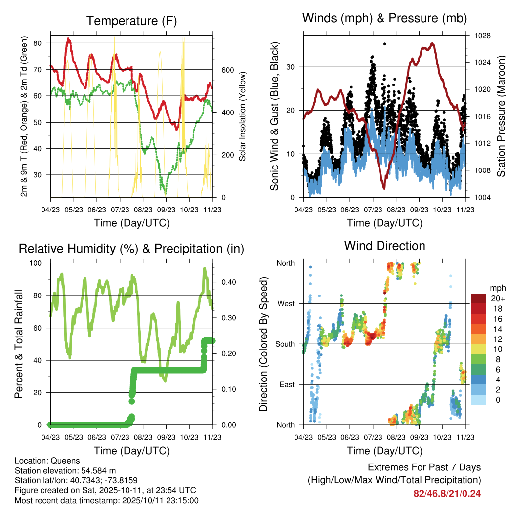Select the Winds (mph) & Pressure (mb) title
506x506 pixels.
(x=384, y=18)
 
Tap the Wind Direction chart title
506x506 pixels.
(x=384, y=245)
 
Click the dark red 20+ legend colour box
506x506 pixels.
(x=478, y=298)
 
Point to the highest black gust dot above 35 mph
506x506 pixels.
(x=385, y=44)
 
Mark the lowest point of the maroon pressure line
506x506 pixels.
(x=384, y=188)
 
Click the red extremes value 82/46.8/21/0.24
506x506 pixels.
(x=447, y=494)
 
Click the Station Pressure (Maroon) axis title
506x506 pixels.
(x=500, y=117)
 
